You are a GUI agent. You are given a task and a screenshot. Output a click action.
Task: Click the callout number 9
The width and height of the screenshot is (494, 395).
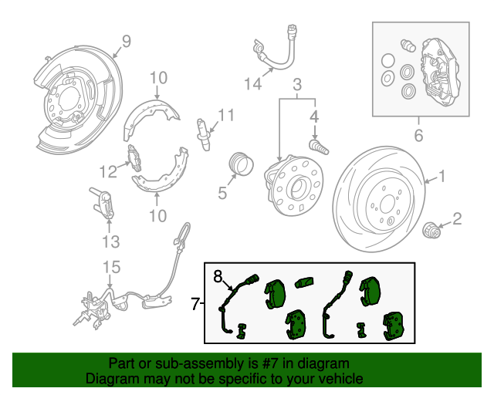pyautogui.click(x=126, y=41)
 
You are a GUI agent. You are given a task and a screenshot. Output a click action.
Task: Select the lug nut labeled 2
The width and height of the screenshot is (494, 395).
pyautogui.click(x=431, y=230)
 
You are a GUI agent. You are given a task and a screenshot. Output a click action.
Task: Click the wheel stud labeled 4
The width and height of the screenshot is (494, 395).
pyautogui.click(x=319, y=147)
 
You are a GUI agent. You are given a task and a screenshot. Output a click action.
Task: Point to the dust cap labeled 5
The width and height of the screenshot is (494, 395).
pyautogui.click(x=242, y=164)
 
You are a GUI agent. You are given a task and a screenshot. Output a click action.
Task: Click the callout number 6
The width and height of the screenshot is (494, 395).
pyautogui.click(x=418, y=135)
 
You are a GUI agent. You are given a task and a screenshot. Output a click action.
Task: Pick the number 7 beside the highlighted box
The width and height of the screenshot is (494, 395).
pyautogui.click(x=195, y=304)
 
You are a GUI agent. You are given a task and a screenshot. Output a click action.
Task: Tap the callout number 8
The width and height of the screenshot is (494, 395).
pyautogui.click(x=218, y=276)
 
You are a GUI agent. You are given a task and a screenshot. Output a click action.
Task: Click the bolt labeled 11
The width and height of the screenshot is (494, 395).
pyautogui.click(x=204, y=134)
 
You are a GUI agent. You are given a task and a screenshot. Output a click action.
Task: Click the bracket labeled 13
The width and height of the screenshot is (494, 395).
pyautogui.click(x=103, y=202)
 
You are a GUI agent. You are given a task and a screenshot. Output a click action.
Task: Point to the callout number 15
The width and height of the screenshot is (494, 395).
pyautogui.click(x=112, y=267)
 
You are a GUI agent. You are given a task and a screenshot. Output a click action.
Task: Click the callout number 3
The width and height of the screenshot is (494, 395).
pyautogui.click(x=297, y=84)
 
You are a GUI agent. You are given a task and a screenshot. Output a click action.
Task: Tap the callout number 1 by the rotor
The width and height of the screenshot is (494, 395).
pyautogui.click(x=442, y=176)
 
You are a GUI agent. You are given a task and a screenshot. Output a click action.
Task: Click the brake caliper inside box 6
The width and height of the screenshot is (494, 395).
pyautogui.click(x=439, y=72)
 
